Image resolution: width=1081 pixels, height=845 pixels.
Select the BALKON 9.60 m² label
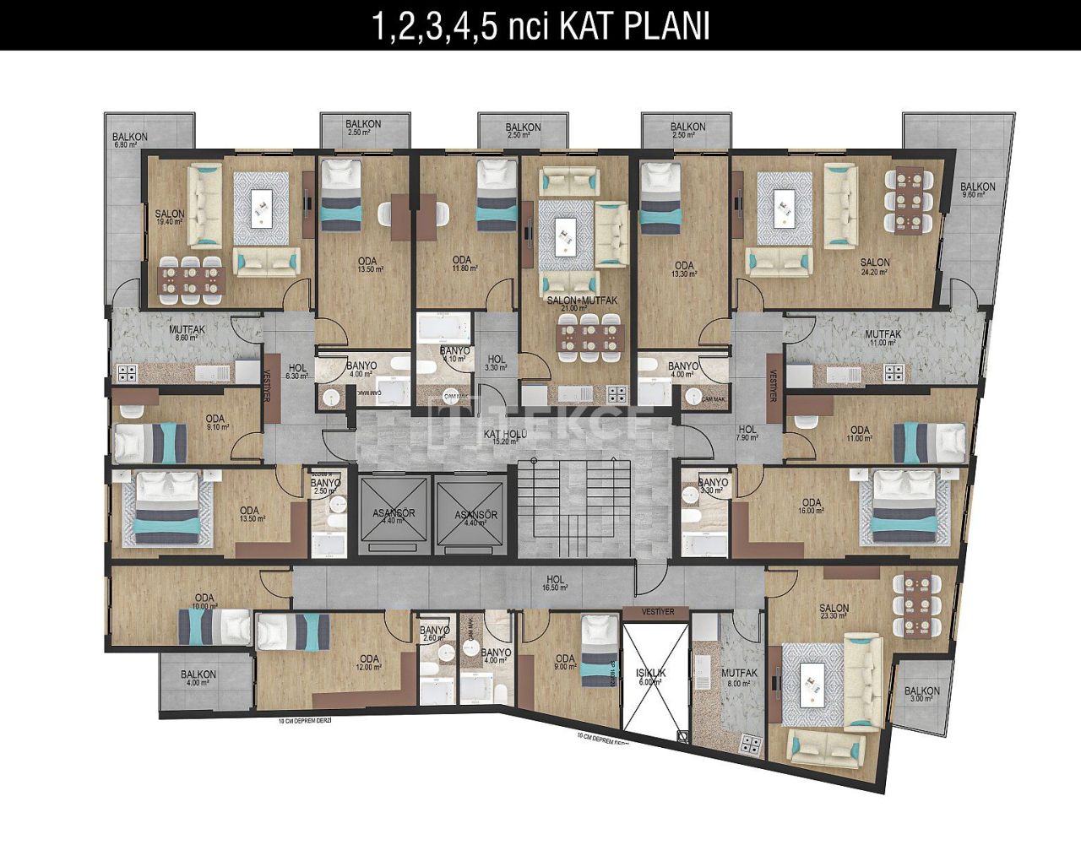pos(977,192)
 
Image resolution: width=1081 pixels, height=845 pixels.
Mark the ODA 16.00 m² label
pos(810,506)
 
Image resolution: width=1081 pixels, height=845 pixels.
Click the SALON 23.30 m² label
pos(834,613)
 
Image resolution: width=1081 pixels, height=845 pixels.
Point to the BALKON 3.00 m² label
pos(921,695)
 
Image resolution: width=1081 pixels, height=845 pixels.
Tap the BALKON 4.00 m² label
pos(198,679)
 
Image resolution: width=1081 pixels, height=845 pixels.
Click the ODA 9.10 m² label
pos(215,423)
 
